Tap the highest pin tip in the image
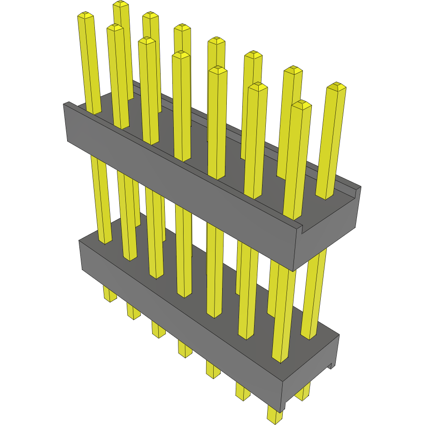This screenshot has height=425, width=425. pyautogui.click(x=121, y=4)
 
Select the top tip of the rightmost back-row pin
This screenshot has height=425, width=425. pyautogui.click(x=336, y=86)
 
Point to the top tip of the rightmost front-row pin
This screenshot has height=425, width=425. pyautogui.click(x=301, y=105)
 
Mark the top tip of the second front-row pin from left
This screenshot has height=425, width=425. pyautogui.click(x=115, y=28)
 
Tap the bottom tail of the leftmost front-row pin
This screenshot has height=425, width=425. pyautogui.click(x=109, y=295)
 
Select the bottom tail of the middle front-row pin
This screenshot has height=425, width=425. pyautogui.click(x=185, y=349)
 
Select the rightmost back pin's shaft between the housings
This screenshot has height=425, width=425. pyautogui.click(x=315, y=291)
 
